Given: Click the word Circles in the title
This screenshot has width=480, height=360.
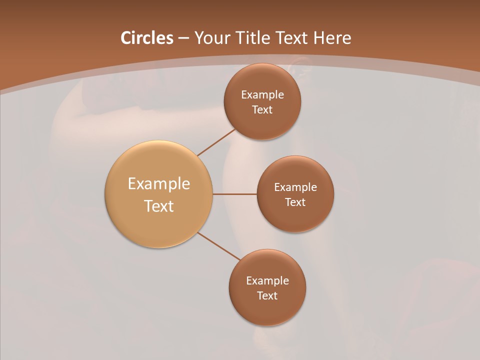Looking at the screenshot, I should [146, 38].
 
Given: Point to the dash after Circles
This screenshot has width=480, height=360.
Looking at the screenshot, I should [183, 38].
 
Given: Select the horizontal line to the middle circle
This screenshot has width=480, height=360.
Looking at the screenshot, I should [235, 194].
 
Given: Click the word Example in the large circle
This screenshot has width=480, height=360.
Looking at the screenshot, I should [159, 184].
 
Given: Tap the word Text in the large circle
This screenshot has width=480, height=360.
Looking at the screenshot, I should [159, 206].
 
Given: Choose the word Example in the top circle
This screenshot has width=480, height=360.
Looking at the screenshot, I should [262, 95].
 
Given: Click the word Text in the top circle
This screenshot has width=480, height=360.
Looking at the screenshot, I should [262, 110].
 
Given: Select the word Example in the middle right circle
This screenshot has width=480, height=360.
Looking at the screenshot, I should [295, 187].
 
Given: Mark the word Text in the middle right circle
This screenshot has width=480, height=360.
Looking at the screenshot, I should [295, 202].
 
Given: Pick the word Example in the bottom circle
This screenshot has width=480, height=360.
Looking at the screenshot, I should [267, 281].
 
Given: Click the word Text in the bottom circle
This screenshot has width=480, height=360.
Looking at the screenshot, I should [267, 296].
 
